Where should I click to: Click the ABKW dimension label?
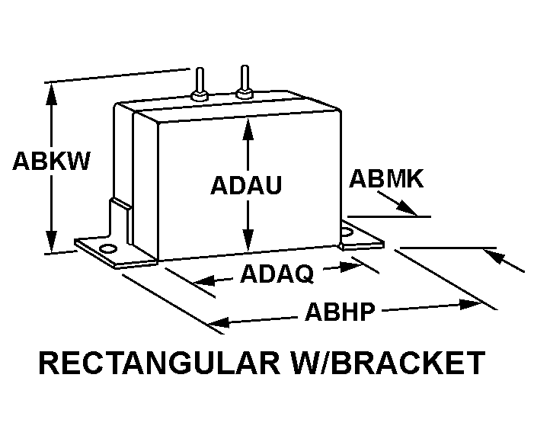52,162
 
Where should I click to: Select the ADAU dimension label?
246,185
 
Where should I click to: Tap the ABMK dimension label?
386,179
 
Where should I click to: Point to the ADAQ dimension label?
277,273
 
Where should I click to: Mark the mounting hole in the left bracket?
107,248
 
